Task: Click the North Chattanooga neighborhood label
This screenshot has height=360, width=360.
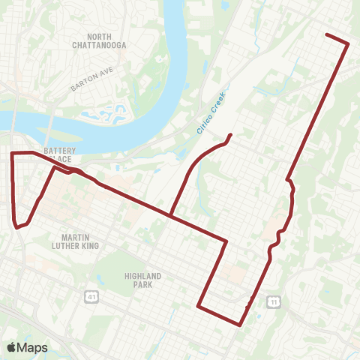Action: coord(106,41)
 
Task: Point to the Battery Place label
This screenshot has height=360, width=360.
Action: coord(59,154)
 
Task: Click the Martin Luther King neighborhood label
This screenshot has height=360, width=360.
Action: coord(70,240)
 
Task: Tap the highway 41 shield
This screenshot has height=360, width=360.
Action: coord(91,298)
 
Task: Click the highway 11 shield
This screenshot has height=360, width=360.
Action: coord(274,301)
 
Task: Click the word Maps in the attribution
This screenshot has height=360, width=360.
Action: coord(32,347)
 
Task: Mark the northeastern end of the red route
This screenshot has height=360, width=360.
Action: coord(327,34)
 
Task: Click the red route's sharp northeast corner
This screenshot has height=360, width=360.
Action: coord(348,44)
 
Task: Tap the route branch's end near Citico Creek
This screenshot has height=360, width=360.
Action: coord(229,135)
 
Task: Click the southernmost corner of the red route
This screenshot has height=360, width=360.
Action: coord(239,325)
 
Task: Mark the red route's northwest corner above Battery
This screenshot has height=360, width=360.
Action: coord(11,153)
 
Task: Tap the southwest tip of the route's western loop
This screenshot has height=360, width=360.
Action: coord(16,226)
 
